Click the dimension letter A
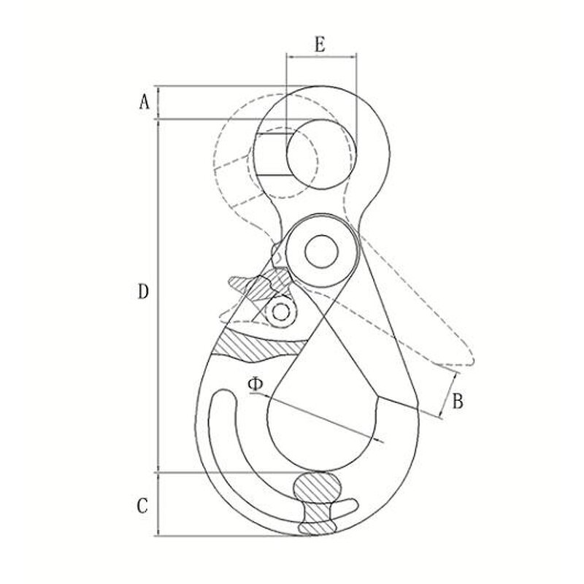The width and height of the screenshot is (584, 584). click(x=144, y=101)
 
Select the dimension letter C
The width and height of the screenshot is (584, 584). click(x=143, y=504)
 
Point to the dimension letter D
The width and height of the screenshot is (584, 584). click(x=143, y=293)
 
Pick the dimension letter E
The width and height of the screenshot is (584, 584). click(x=320, y=44)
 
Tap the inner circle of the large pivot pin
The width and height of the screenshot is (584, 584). click(x=321, y=253)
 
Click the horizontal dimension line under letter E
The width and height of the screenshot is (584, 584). click(x=321, y=56)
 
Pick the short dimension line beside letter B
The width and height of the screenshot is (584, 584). click(x=451, y=396)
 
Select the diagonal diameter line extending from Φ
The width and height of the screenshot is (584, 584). click(x=321, y=418)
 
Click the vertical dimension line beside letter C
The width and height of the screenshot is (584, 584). click(x=159, y=504)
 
